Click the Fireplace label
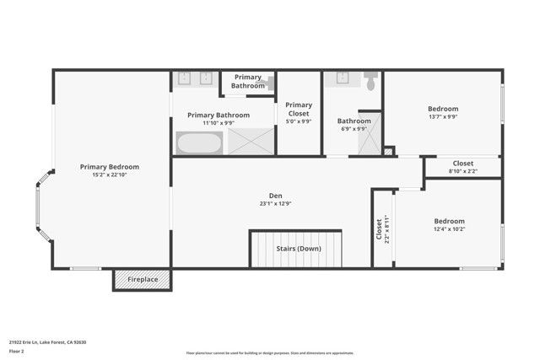(143, 279)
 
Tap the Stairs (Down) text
(299, 249)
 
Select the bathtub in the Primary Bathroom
(199, 143)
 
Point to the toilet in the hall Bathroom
(371, 81)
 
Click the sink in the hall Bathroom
(343, 79)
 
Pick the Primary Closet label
(299, 109)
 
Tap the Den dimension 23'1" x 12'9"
(276, 203)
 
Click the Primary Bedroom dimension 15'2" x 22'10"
(110, 175)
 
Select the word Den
(276, 195)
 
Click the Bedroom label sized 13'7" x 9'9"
(442, 109)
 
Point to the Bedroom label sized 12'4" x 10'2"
(448, 221)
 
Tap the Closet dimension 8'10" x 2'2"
(462, 171)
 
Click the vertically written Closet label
(379, 229)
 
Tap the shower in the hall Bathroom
(369, 135)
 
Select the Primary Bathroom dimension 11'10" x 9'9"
(219, 123)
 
